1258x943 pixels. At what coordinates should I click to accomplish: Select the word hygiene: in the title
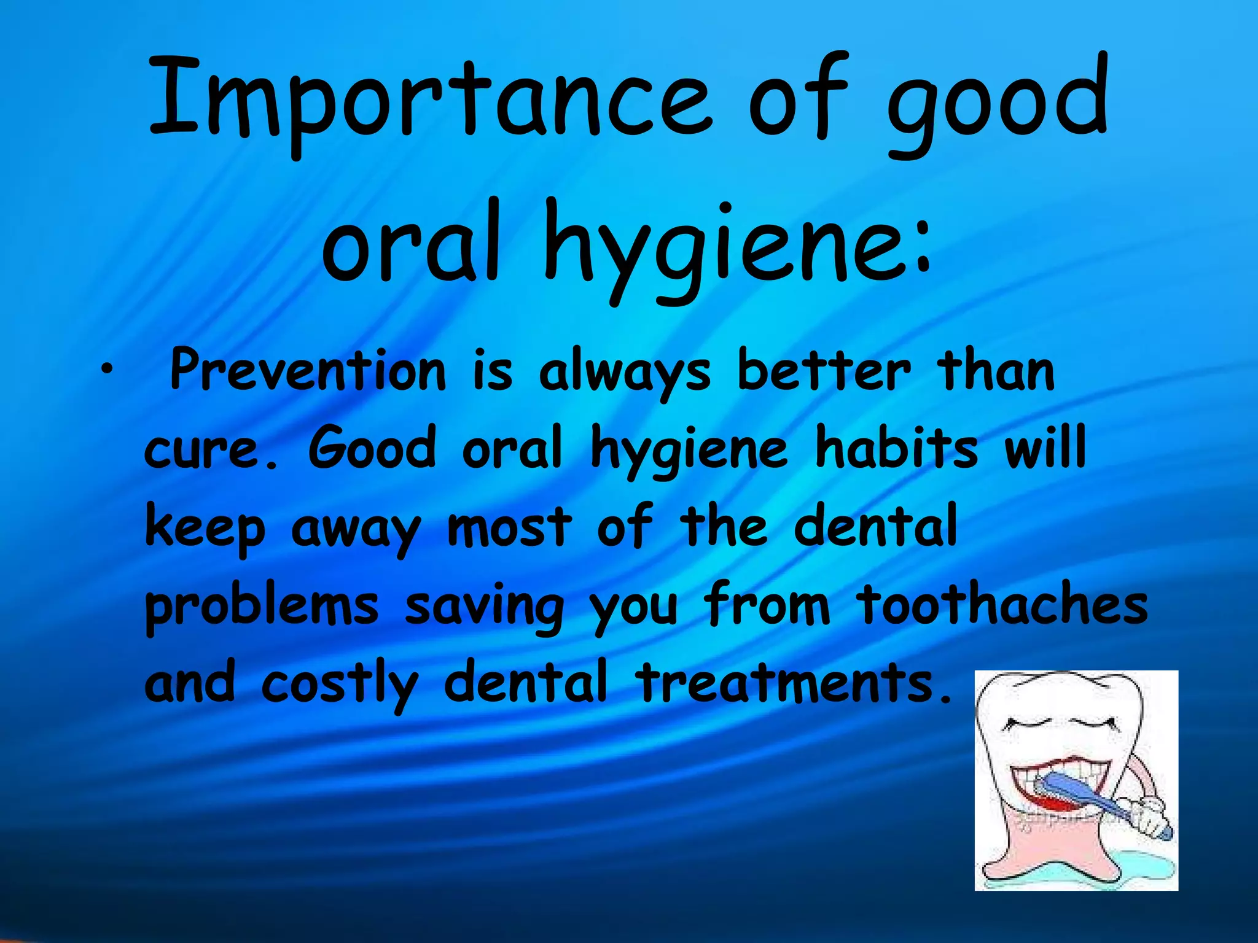pos(737,249)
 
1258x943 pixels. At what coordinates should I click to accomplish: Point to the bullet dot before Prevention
pos(108,369)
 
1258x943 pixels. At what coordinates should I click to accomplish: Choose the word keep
pos(205,528)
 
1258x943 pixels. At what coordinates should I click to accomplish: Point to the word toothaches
pos(1001,605)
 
